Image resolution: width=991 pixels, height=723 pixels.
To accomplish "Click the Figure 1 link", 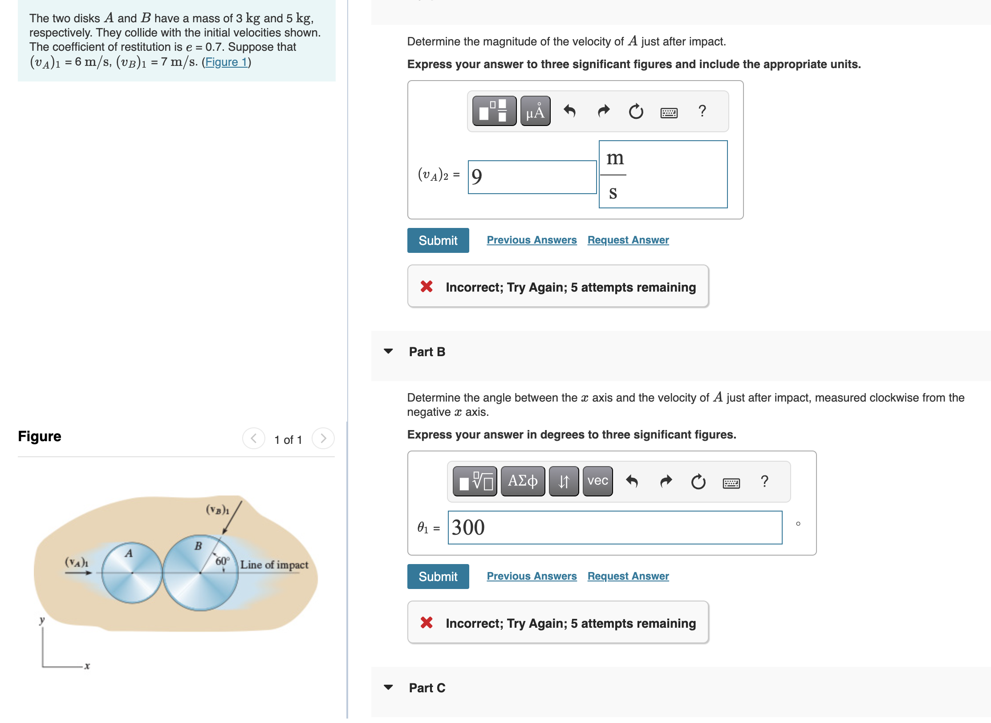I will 226,62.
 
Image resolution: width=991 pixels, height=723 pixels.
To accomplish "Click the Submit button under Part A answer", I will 438,240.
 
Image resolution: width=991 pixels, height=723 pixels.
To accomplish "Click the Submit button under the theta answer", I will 438,577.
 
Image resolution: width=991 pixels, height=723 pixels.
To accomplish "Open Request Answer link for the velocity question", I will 628,240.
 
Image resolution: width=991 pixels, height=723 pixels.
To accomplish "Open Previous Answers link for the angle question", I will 531,576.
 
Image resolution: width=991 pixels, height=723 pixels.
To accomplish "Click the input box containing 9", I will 532,177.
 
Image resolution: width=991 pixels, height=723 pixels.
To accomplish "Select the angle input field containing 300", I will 614,528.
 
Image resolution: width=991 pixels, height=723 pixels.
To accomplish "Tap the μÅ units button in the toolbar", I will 535,111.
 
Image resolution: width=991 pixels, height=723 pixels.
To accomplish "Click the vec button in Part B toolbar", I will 597,481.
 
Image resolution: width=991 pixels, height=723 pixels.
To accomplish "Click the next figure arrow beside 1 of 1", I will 323,439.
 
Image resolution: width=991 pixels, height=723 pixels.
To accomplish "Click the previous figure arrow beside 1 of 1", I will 254,439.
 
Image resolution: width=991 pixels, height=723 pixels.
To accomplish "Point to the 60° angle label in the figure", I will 222,561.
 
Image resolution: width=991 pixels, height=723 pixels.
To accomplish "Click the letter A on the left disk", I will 129,553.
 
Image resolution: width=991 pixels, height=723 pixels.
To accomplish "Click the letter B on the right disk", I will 198,546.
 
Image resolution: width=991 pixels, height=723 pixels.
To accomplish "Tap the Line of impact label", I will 274,565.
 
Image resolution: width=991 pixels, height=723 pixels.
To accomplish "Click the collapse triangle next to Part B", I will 388,351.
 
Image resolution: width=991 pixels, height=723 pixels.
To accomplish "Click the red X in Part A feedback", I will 426,286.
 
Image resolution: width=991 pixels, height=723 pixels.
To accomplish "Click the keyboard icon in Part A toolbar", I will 669,112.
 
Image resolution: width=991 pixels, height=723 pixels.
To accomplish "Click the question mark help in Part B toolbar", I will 764,481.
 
